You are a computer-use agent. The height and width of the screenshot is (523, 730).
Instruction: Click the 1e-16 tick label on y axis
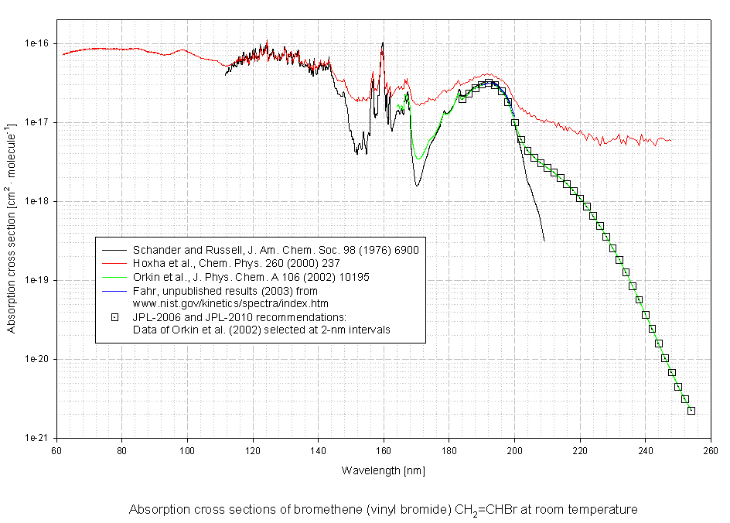coord(37,44)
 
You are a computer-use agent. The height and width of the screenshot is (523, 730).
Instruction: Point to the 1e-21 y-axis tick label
coord(37,438)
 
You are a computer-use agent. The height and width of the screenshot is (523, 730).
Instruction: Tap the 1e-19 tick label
coord(37,281)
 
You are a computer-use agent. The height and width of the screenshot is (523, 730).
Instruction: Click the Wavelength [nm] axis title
coord(384,470)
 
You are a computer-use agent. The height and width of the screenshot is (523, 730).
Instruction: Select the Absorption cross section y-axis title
coord(11,241)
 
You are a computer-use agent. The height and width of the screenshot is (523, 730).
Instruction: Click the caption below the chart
coord(384,511)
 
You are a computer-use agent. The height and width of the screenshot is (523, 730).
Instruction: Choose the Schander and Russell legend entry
coord(275,251)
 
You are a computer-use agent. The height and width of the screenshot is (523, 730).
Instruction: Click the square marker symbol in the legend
coord(114,316)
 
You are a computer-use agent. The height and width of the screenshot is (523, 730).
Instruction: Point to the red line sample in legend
coord(114,264)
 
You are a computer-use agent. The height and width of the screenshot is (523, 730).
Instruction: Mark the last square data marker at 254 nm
coord(691,411)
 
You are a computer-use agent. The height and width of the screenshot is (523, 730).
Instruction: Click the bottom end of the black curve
coord(544,241)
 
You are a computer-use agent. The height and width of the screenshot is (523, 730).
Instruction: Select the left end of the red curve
coord(63,54)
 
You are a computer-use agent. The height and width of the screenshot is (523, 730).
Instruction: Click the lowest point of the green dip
coord(418,159)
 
